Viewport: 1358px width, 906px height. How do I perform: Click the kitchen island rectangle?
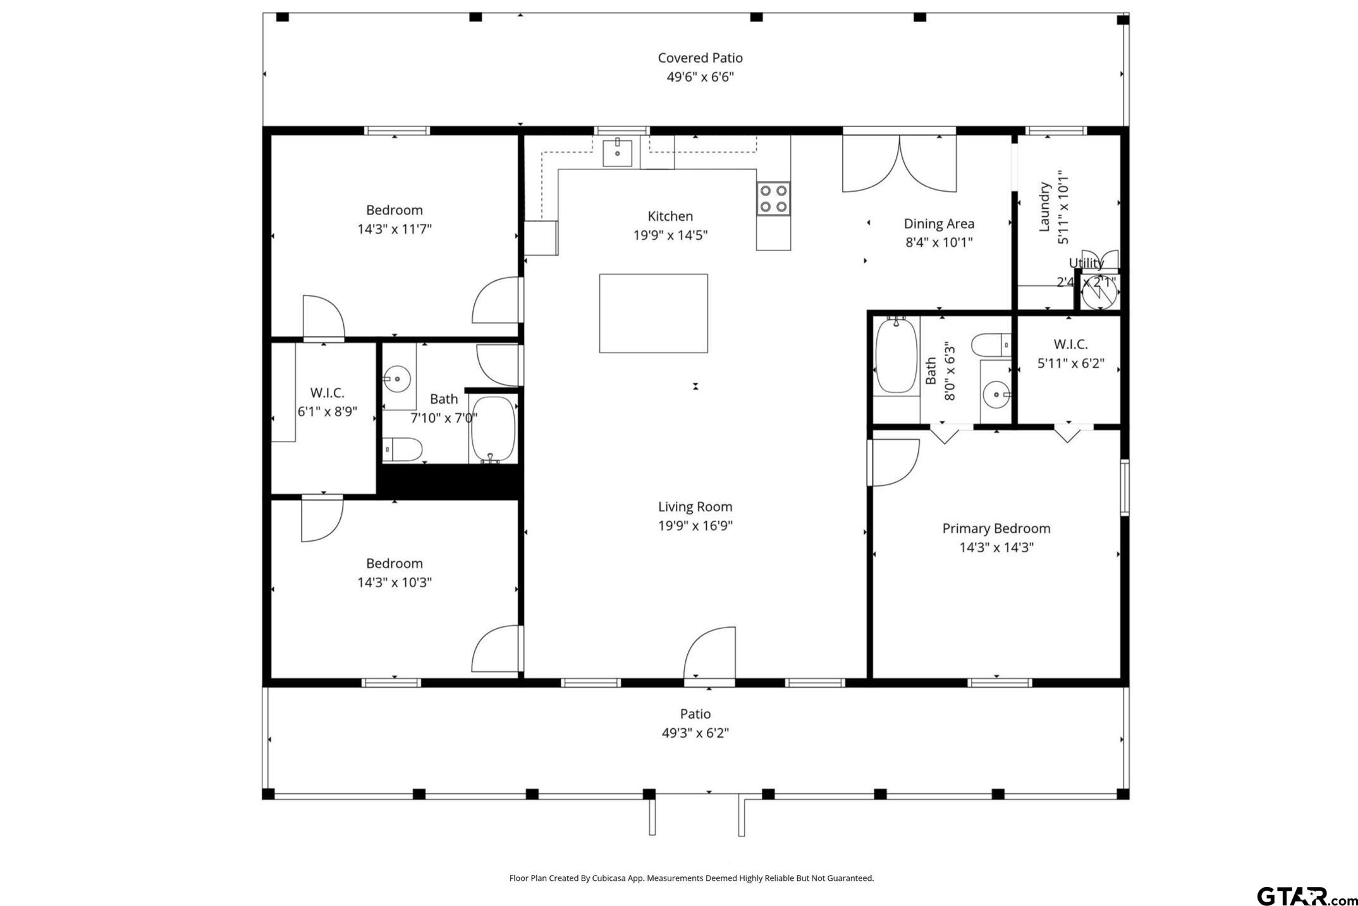pyautogui.click(x=653, y=313)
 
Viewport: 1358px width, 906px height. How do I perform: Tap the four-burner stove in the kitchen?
pyautogui.click(x=773, y=198)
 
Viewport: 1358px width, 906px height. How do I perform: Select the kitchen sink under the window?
pyautogui.click(x=617, y=152)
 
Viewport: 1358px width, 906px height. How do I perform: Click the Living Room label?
pyautogui.click(x=695, y=506)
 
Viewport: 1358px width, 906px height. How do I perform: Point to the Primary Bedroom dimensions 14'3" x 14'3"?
pyautogui.click(x=996, y=547)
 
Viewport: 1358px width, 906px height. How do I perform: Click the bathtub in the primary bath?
pyautogui.click(x=896, y=355)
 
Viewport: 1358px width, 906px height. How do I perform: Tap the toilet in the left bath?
pyautogui.click(x=403, y=450)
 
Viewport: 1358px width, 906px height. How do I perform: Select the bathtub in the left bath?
pyautogui.click(x=493, y=430)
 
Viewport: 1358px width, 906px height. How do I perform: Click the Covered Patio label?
pyautogui.click(x=700, y=58)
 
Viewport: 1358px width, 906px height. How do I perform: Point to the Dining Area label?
pyautogui.click(x=939, y=223)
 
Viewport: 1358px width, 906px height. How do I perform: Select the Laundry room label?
pyautogui.click(x=1044, y=207)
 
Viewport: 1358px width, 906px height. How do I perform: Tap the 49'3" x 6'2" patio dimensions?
pyautogui.click(x=695, y=733)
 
